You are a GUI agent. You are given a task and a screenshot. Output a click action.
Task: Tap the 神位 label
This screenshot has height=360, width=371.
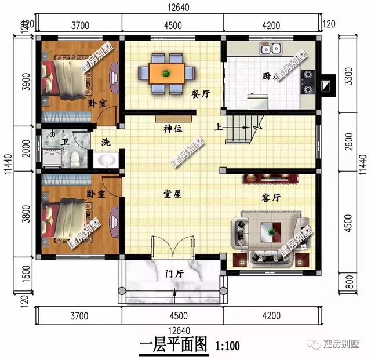173,129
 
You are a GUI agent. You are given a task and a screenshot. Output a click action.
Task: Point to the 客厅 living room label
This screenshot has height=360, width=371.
271,198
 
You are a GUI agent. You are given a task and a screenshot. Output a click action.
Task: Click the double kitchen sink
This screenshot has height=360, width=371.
271,50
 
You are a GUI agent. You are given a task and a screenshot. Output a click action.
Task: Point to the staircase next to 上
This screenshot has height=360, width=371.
244,128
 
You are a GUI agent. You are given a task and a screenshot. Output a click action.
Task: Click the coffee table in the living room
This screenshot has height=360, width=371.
271,232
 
